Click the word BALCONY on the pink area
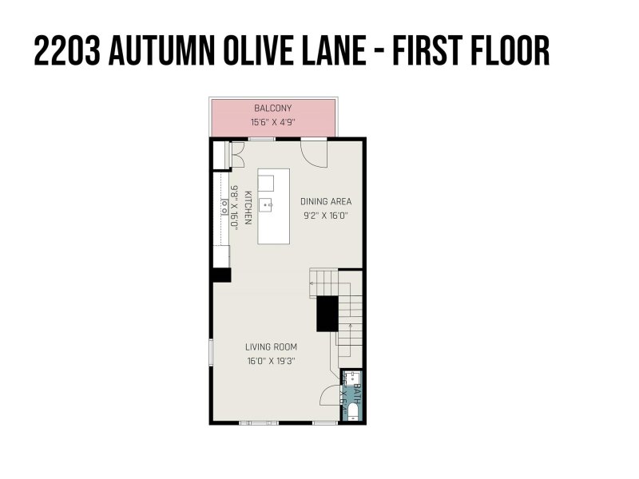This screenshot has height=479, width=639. [x=272, y=108]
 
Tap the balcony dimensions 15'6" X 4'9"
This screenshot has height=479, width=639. [x=272, y=123]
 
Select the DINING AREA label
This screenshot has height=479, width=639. [x=325, y=201]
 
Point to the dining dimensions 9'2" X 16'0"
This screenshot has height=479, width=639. [x=325, y=216]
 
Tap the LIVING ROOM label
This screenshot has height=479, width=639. [x=271, y=346]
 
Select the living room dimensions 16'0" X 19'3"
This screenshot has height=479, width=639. [x=271, y=361]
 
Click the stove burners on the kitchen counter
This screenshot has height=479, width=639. [x=223, y=206]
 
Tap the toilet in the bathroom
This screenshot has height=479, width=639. [x=352, y=412]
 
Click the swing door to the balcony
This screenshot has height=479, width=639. [x=314, y=152]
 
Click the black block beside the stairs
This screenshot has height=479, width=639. [x=327, y=313]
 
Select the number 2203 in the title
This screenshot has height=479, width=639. [x=65, y=51]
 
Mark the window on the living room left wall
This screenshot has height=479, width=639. [x=211, y=351]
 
